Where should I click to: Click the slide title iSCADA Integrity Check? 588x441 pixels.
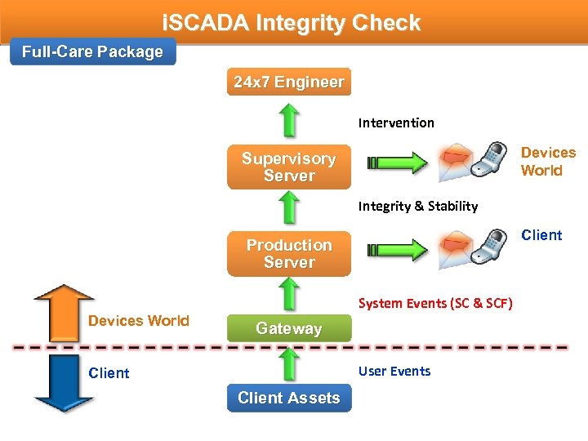pos(292,23)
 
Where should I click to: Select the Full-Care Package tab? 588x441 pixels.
pos(92,52)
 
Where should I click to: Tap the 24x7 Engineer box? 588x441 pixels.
pos(288,82)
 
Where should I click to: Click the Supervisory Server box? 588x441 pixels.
pos(288,167)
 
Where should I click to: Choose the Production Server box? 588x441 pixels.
pos(288,254)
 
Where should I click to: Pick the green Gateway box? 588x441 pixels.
pos(288,328)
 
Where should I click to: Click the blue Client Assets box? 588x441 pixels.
pos(288,398)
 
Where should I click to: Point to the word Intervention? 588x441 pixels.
pos(396,123)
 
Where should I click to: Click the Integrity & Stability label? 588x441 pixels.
pos(417,207)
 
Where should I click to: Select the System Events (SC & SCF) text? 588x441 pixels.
pos(434,304)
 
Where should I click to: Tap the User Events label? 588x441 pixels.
pos(394,372)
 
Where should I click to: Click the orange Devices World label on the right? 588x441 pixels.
pos(548,162)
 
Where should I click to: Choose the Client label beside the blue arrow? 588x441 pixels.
pos(109,373)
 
